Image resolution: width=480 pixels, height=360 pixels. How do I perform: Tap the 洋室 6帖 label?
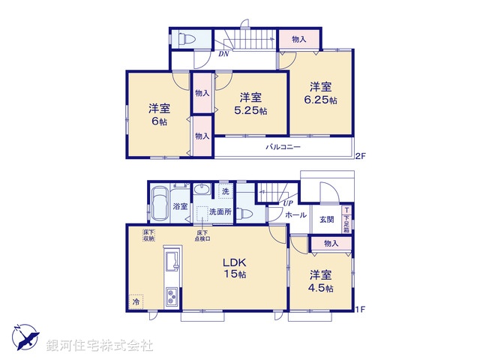point(158,114)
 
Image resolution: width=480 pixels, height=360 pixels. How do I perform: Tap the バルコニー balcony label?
point(283,148)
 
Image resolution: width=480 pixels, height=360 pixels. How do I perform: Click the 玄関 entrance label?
point(327,219)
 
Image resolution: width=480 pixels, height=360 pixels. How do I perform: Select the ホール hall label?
point(295,214)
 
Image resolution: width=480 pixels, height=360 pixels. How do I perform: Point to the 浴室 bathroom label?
point(180,205)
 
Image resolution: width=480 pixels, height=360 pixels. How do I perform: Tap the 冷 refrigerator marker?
point(136,301)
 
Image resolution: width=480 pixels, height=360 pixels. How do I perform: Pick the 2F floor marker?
point(360,156)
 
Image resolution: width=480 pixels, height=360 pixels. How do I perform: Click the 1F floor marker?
point(360,308)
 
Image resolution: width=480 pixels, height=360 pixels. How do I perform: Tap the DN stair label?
point(223,54)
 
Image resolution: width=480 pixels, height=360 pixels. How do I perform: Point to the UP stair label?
point(287,202)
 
